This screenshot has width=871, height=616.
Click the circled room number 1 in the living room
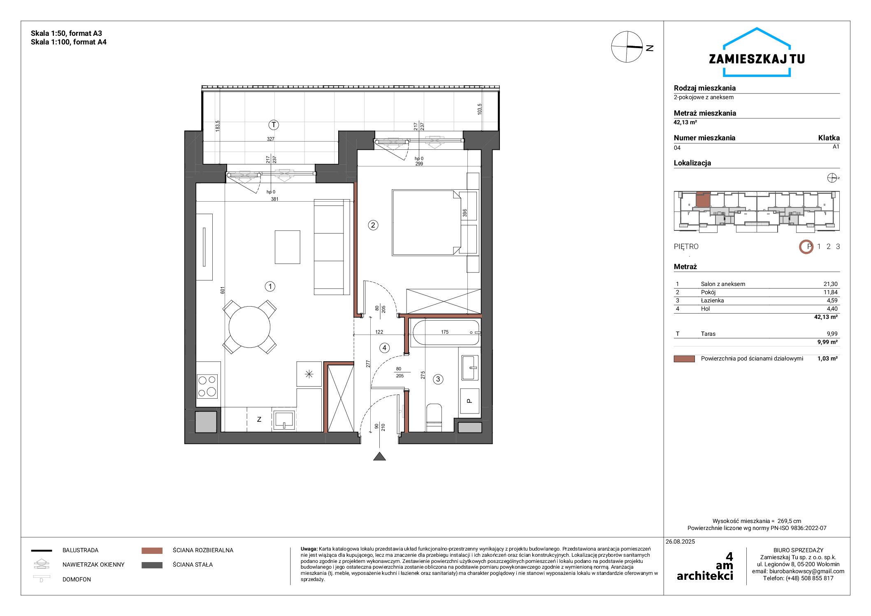(270, 286)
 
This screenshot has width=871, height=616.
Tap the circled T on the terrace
(274, 125)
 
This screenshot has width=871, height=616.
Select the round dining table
(249, 327)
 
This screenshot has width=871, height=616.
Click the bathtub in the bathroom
(446, 332)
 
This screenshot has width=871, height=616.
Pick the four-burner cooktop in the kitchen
(207, 386)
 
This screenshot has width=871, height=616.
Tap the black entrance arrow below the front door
(379, 456)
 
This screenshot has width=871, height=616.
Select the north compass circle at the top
(627, 47)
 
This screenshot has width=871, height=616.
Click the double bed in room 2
(426, 222)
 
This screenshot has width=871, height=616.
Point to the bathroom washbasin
(470, 367)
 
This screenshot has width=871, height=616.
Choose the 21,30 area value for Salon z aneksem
(830, 284)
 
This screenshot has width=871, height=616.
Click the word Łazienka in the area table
(712, 300)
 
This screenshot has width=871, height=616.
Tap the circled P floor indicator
(806, 246)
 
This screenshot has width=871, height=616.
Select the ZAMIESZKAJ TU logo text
(757, 59)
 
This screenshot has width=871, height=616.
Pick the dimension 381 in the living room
(274, 199)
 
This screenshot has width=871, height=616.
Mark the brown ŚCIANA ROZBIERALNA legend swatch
(152, 551)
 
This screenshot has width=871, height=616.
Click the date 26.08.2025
(680, 542)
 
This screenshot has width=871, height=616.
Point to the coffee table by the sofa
(287, 247)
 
